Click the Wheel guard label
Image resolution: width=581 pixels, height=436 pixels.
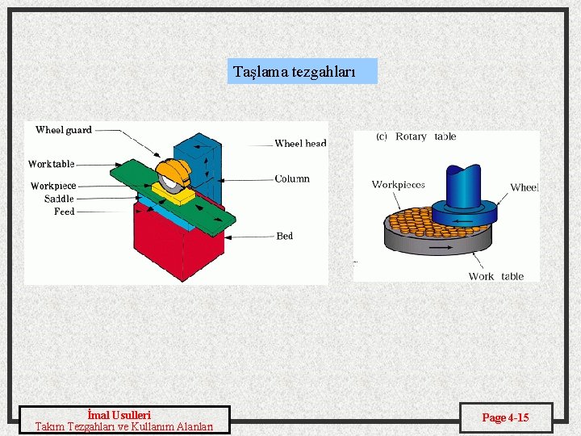pyautogui.click(x=64, y=130)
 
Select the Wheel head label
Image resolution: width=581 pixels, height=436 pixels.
pyautogui.click(x=300, y=144)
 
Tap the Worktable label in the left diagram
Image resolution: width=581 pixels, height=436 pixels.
pyautogui.click(x=52, y=164)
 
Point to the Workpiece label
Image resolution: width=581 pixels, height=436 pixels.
pyautogui.click(x=53, y=186)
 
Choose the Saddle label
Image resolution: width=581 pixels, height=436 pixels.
pyautogui.click(x=59, y=199)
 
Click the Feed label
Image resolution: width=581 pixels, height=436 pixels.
pyautogui.click(x=65, y=212)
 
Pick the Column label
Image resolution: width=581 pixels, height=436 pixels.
pyautogui.click(x=292, y=178)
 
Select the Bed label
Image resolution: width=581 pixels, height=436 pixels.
pyautogui.click(x=285, y=236)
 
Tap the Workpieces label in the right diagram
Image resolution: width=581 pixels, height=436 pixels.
pyautogui.click(x=398, y=185)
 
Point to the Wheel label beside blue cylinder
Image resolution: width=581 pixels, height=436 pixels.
pyautogui.click(x=524, y=187)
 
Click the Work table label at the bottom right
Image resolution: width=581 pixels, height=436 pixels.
pyautogui.click(x=495, y=276)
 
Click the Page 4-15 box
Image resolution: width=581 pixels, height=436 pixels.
pyautogui.click(x=506, y=417)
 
